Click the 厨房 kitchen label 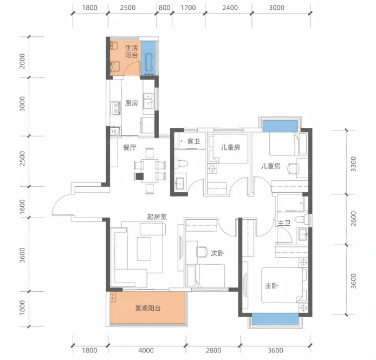click(x=132, y=103)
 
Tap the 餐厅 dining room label click(x=129, y=147)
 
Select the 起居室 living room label click(x=157, y=217)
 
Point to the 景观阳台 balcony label click(x=148, y=308)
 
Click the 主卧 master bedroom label click(x=271, y=285)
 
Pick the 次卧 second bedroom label click(x=217, y=253)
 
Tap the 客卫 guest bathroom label click(x=193, y=141)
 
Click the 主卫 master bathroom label click(x=284, y=223)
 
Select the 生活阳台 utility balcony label click(x=132, y=51)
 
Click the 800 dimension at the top click(x=165, y=8)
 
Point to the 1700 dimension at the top click(x=188, y=8)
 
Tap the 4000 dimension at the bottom click(x=146, y=350)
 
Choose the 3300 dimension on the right click(x=353, y=164)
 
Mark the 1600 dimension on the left click(x=22, y=207)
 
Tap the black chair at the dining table click(x=139, y=176)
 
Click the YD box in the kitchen click(x=114, y=132)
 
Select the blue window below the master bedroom click(x=275, y=319)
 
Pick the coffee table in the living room click(x=144, y=249)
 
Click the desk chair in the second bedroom click(x=202, y=252)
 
